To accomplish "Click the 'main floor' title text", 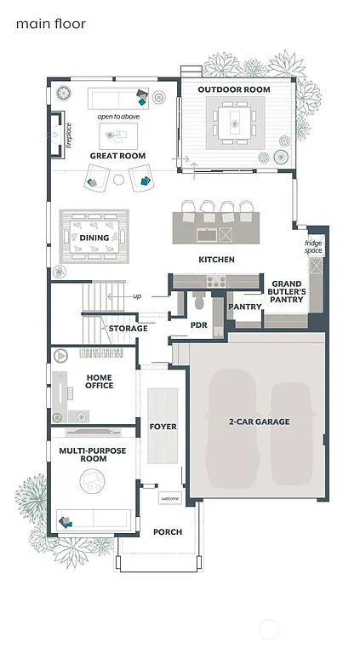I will [x=50, y=24].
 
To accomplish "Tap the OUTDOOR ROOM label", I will [x=234, y=89].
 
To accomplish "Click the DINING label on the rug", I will [x=94, y=238].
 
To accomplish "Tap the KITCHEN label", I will [x=216, y=259].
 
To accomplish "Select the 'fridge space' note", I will [x=314, y=247].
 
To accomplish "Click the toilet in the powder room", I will [x=199, y=301].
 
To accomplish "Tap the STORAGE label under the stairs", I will [x=128, y=328].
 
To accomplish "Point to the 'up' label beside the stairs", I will [x=136, y=296].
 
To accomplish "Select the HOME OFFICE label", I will [x=100, y=381].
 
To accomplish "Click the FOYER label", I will [x=163, y=425].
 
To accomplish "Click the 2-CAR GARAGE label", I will [x=259, y=422].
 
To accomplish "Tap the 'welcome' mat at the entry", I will [x=169, y=498].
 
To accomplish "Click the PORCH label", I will [x=168, y=532].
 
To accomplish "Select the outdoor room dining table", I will [x=233, y=124].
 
